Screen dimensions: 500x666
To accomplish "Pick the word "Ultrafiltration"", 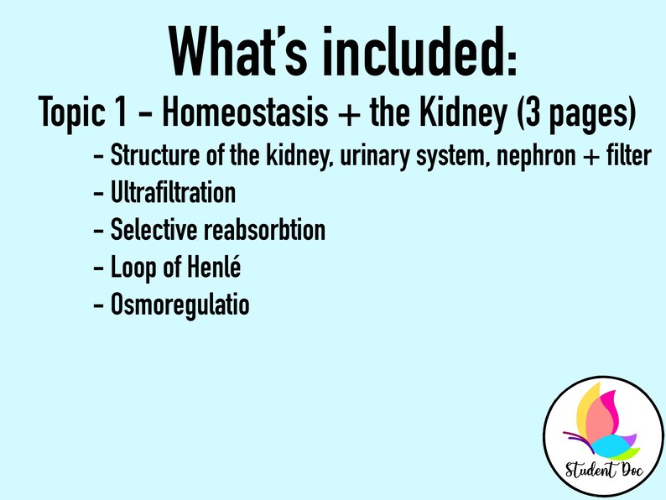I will pos(173,193).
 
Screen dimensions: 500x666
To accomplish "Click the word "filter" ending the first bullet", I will pos(625,156).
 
